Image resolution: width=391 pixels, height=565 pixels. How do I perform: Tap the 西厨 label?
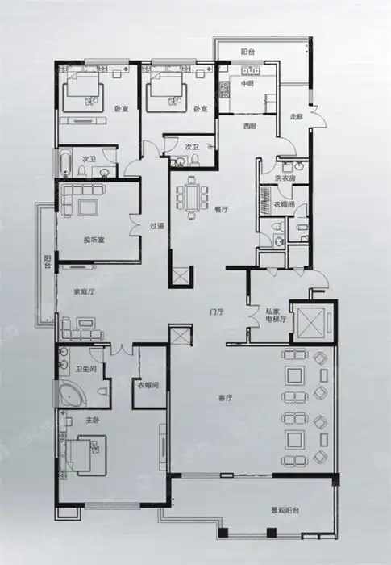click(x=250, y=126)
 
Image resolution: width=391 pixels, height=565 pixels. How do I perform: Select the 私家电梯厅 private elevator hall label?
click(x=277, y=314)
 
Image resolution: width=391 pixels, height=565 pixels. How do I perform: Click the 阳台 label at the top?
click(x=248, y=52)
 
